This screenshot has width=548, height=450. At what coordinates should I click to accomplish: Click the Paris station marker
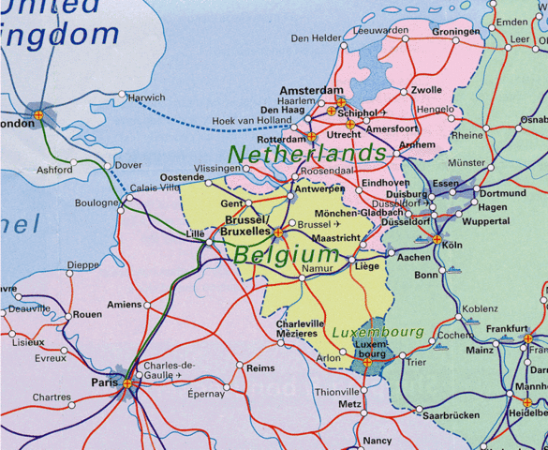coord(127,382)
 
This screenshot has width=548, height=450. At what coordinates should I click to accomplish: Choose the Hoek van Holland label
coord(253,120)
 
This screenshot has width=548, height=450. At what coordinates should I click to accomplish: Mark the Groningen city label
coord(456,31)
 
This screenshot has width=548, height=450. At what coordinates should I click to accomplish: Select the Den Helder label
coord(316,38)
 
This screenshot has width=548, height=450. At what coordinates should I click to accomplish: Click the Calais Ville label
coord(155,187)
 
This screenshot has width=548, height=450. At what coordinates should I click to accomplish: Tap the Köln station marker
coord(437,240)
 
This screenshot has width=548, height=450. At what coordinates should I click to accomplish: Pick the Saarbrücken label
coord(452,414)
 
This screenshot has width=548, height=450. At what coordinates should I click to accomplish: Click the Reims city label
coord(260,368)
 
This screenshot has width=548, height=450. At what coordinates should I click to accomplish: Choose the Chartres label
coord(51,397)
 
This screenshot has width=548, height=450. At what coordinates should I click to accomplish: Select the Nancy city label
coord(378,441)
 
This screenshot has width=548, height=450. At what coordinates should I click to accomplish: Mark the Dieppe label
coord(83,265)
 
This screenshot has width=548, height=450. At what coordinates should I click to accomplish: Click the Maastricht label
coord(335,239)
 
